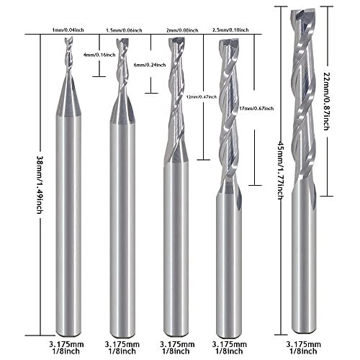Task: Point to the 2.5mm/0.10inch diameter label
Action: tap(230, 30)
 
